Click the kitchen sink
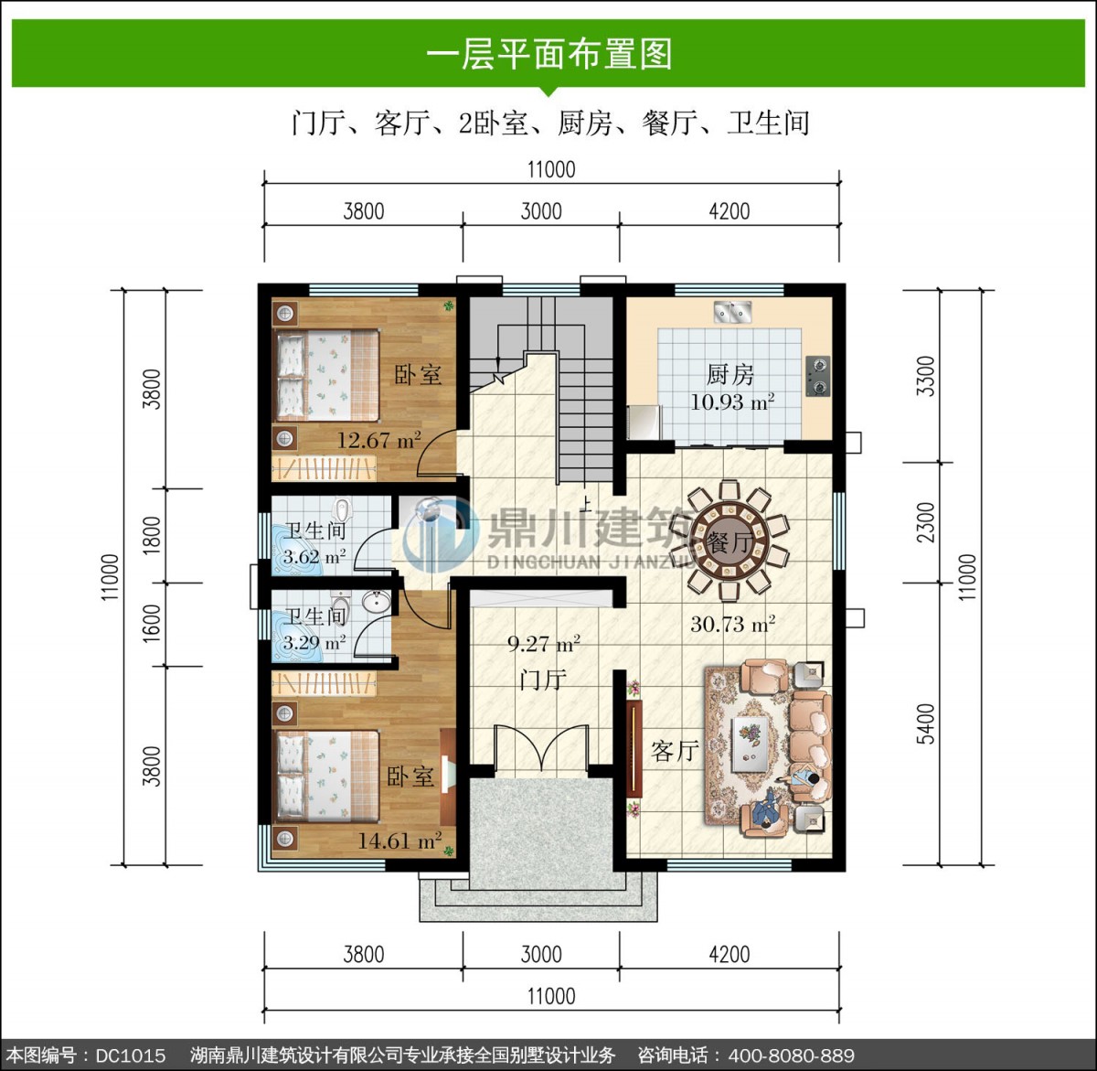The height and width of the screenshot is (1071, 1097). point(733,312)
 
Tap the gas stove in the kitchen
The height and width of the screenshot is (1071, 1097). point(818,376)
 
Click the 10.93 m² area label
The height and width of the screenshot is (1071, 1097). point(732,402)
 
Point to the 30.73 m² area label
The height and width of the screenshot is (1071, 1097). point(732,624)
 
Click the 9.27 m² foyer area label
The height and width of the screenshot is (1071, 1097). point(543,644)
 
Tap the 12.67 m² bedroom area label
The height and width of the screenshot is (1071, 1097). point(378,439)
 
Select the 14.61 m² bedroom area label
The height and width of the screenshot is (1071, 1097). point(399,841)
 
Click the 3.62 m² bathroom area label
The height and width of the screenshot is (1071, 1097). point(314,557)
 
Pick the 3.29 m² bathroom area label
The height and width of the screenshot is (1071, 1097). point(314,643)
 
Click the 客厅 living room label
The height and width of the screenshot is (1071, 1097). point(675,751)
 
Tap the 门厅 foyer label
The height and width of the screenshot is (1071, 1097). point(543,680)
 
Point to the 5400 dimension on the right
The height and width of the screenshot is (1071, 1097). point(926,724)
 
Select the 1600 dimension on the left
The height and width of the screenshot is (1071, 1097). point(152,624)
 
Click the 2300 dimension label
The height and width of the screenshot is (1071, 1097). point(926,522)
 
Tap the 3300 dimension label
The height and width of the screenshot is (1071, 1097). point(926,376)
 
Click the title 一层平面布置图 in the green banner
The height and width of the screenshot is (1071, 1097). point(549,54)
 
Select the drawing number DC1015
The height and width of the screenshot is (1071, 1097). point(130,1055)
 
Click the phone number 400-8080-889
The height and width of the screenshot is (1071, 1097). point(791,1055)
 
